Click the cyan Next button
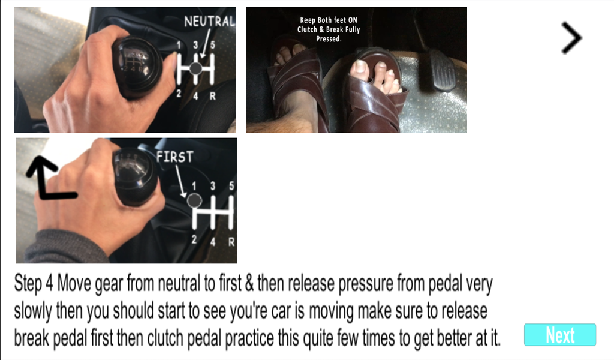tap(560, 335)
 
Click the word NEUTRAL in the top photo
tap(209, 21)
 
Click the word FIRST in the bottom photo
tap(174, 157)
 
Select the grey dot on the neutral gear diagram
tap(196, 68)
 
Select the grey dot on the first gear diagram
tap(194, 200)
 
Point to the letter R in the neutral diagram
tap(213, 96)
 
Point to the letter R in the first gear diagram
tap(231, 242)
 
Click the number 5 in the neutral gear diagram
tap(213, 45)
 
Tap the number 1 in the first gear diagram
tap(194, 185)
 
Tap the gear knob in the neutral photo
tap(137, 67)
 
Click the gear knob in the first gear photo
tap(135, 176)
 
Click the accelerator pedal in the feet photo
tap(442, 71)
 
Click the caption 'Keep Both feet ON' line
tap(329, 20)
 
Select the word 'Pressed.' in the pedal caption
tap(329, 39)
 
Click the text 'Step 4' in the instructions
tap(34, 283)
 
